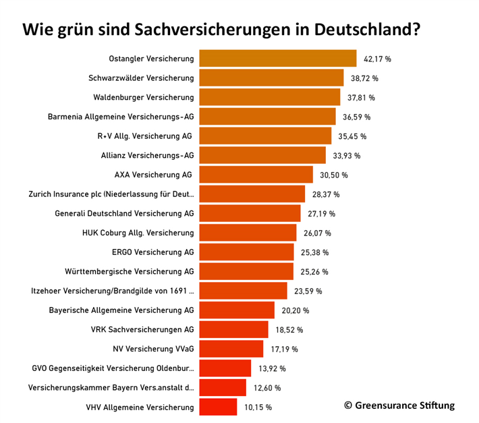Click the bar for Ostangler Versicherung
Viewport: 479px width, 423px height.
[x=278, y=59]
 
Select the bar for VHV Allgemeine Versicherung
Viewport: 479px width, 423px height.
[x=219, y=407]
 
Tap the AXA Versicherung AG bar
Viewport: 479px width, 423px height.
[x=256, y=175]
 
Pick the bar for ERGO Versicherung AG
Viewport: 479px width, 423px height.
[x=247, y=252]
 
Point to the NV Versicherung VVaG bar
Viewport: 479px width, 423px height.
[x=231, y=349]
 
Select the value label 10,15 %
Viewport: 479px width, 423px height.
[x=258, y=407]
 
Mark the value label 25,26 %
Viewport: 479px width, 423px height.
[x=314, y=272]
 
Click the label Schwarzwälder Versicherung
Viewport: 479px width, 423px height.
[x=141, y=78]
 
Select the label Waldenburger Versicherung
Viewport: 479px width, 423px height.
[x=143, y=97]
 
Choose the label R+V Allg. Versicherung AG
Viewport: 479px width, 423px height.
[x=144, y=136]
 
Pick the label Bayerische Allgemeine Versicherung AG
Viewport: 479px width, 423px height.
[x=121, y=310]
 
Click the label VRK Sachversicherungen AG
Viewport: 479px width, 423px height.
[x=142, y=330]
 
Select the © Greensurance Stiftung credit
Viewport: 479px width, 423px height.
[x=399, y=405]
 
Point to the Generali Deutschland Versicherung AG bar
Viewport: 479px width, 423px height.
[x=250, y=214]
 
